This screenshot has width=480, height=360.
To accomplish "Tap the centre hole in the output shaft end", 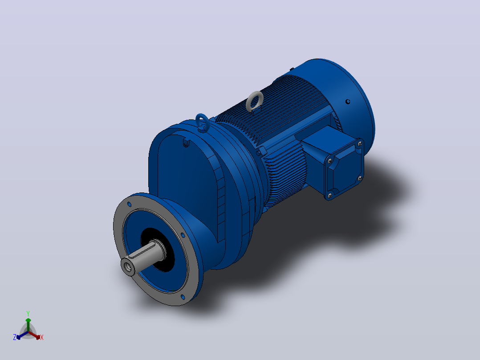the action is pyautogui.click(x=128, y=268).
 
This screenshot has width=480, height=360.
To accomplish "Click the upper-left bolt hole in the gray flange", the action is pyautogui.click(x=129, y=205).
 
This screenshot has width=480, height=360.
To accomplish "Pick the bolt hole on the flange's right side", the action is pyautogui.click(x=183, y=235).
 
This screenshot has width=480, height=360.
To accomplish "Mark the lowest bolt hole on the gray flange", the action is pyautogui.click(x=183, y=297).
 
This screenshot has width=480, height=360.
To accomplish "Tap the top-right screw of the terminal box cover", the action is pyautogui.click(x=360, y=143).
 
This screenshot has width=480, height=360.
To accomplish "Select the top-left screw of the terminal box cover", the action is pyautogui.click(x=329, y=160).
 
